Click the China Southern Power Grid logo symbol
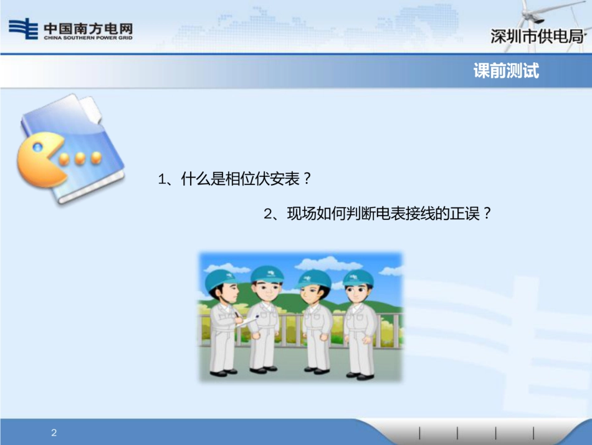pos(23,29)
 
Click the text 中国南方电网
pos(88,27)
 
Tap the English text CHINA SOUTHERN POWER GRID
pos(88,38)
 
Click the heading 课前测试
pos(506,71)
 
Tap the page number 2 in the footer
pos(54,433)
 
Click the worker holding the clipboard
pos(222,324)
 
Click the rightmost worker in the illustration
pos(360,324)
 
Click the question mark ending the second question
pos(487,214)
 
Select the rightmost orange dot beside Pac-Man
pos(96,158)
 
